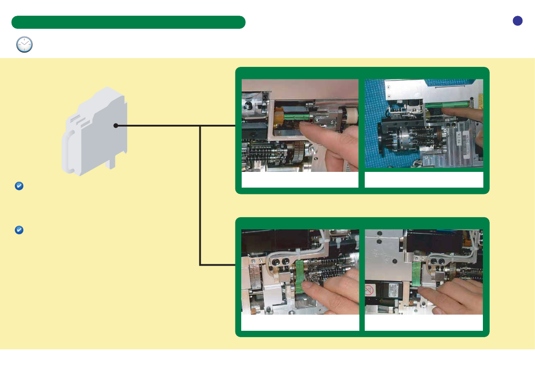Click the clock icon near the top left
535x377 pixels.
pos(24,44)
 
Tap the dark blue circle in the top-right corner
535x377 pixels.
pos(518,21)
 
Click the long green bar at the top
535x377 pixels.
pos(128,22)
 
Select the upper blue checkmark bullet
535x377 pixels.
pos(19,186)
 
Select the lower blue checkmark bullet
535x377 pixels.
pos(19,230)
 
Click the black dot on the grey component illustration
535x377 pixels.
pos(115,126)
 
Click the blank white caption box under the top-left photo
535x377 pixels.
pos(300,180)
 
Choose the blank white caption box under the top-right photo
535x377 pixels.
pos(424,180)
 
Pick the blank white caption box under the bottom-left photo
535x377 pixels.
pos(300,323)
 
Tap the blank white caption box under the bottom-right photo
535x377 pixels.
pos(424,323)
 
